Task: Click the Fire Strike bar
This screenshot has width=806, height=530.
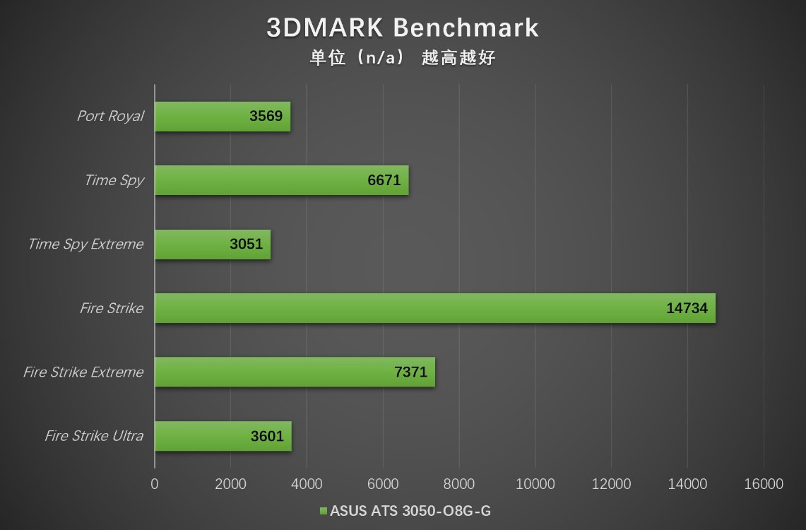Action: (x=434, y=308)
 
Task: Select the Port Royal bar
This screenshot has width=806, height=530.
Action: (x=222, y=116)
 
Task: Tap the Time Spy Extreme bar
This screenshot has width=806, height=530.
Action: (x=212, y=245)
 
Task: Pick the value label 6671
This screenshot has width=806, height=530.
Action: (x=384, y=180)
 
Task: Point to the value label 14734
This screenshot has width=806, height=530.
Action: (x=687, y=308)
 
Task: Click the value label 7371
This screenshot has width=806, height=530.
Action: (x=411, y=372)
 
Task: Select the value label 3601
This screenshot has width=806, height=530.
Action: (x=267, y=436)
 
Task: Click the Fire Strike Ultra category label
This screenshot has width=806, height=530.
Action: (x=94, y=436)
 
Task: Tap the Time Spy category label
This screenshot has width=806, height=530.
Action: (x=114, y=180)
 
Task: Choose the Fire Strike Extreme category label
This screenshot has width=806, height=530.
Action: (x=83, y=372)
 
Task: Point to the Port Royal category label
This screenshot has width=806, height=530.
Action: (x=110, y=116)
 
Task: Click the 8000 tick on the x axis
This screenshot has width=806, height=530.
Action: (x=459, y=484)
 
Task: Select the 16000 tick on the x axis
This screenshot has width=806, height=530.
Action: (x=764, y=484)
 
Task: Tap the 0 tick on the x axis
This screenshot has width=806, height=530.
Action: (x=155, y=484)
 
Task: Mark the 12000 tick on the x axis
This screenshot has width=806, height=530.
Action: (x=611, y=484)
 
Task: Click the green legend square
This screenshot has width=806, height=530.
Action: (x=324, y=511)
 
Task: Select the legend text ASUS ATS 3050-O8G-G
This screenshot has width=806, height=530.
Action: (x=410, y=511)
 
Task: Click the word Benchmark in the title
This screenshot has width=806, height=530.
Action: (x=466, y=28)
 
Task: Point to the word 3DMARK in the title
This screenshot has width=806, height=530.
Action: (x=325, y=28)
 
